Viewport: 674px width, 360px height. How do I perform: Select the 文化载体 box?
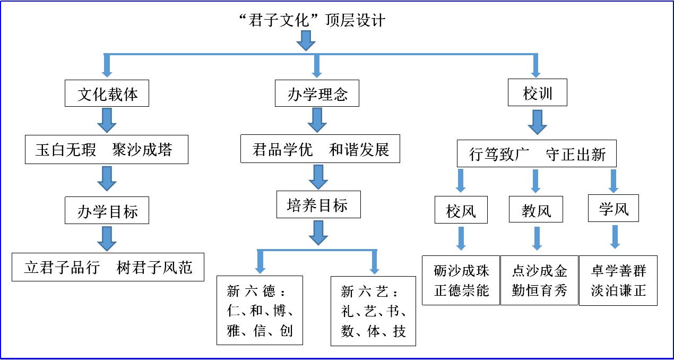click(x=107, y=95)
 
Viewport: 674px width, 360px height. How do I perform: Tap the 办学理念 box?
click(x=317, y=95)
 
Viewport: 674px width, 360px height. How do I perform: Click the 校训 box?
click(x=538, y=93)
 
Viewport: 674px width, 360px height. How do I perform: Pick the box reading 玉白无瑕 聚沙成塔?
click(x=107, y=150)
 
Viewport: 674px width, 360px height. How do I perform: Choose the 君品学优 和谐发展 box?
click(x=320, y=150)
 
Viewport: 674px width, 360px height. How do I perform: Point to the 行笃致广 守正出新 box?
click(x=537, y=155)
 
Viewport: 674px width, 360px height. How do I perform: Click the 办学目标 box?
click(x=107, y=211)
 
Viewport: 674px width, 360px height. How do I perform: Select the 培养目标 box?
click(x=318, y=205)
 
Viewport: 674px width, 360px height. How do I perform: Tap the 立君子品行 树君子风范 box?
click(x=108, y=267)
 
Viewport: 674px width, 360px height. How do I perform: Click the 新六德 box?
click(x=260, y=311)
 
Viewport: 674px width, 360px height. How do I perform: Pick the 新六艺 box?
click(x=373, y=311)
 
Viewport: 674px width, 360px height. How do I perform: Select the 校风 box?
click(x=461, y=211)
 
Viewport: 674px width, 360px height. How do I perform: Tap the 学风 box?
click(x=613, y=209)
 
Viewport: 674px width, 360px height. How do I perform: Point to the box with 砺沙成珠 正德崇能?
click(x=461, y=280)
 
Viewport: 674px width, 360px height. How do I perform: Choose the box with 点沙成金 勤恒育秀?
click(x=539, y=280)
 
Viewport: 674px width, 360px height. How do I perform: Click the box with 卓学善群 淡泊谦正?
click(x=618, y=280)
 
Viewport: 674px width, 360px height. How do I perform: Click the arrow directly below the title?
click(x=306, y=40)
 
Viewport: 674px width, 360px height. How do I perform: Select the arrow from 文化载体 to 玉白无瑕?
click(x=107, y=121)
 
